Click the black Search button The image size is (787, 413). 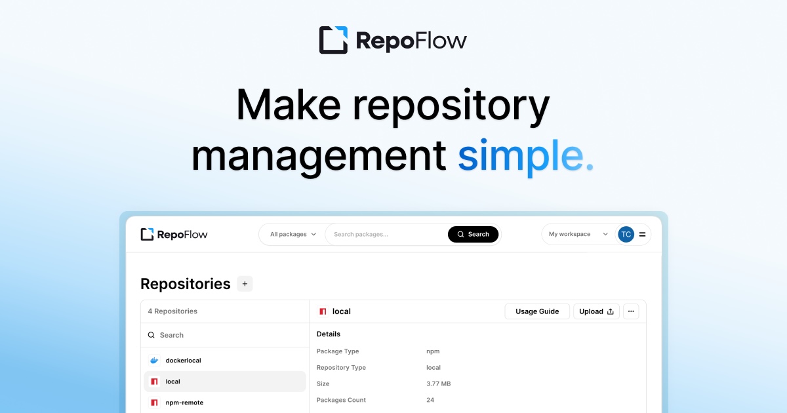pos(473,234)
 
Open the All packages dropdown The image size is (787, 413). pos(293,234)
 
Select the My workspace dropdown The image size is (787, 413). pos(578,234)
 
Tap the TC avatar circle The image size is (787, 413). pos(626,234)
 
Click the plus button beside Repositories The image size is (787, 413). pos(245,284)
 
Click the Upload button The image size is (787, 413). pos(596,311)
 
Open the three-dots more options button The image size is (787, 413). pos(631,311)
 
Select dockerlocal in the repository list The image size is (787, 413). pos(183,361)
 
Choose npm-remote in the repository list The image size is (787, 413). pos(184,403)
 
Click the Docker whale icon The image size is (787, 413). pos(155,361)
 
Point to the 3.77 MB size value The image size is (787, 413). pos(438,383)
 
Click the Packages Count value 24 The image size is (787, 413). pos(430,400)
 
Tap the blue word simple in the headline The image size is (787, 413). pos(524,156)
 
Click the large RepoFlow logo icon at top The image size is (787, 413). pos(333,40)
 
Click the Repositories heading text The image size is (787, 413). pos(186,284)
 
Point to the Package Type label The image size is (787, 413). pos(337,351)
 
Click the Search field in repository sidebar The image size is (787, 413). pos(223,335)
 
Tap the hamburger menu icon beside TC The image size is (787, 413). pos(642,234)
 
